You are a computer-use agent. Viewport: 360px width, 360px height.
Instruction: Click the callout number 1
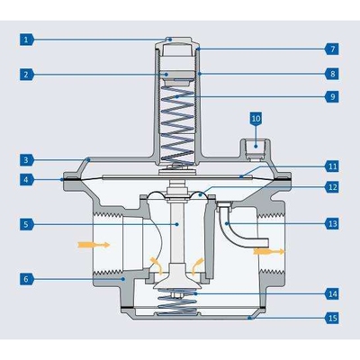[27, 40]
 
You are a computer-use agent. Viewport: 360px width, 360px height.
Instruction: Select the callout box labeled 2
[27, 75]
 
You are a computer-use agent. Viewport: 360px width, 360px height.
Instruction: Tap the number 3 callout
[27, 158]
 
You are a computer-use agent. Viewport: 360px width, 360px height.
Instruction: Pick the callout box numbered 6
[27, 280]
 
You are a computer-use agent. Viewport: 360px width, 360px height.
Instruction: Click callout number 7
[332, 48]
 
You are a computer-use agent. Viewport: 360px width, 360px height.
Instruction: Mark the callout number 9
[332, 95]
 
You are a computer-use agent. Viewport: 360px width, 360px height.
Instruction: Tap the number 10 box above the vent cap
[255, 118]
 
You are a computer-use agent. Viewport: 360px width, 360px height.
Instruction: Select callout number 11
[332, 166]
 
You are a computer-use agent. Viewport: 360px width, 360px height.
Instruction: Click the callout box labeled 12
[332, 187]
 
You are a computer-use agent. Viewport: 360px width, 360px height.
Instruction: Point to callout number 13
[332, 222]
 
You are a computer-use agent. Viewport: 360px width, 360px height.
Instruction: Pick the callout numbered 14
[332, 293]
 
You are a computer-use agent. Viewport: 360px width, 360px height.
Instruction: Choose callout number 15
[332, 319]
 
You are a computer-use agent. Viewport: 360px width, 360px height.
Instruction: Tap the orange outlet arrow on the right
[267, 253]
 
